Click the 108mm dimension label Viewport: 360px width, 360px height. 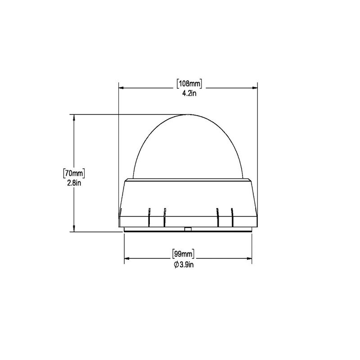(189, 84)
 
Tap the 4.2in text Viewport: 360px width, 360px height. (189, 94)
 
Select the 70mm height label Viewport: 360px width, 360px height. (74, 173)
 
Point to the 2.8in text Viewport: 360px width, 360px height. (74, 183)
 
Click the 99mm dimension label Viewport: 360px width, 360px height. (183, 254)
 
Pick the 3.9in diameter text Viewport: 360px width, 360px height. (186, 265)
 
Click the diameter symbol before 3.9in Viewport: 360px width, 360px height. (176, 265)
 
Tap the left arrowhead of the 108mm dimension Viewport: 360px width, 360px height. (121, 88)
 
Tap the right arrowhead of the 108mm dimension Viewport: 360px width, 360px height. (255, 88)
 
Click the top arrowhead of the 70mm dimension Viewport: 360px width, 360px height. (74, 117)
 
